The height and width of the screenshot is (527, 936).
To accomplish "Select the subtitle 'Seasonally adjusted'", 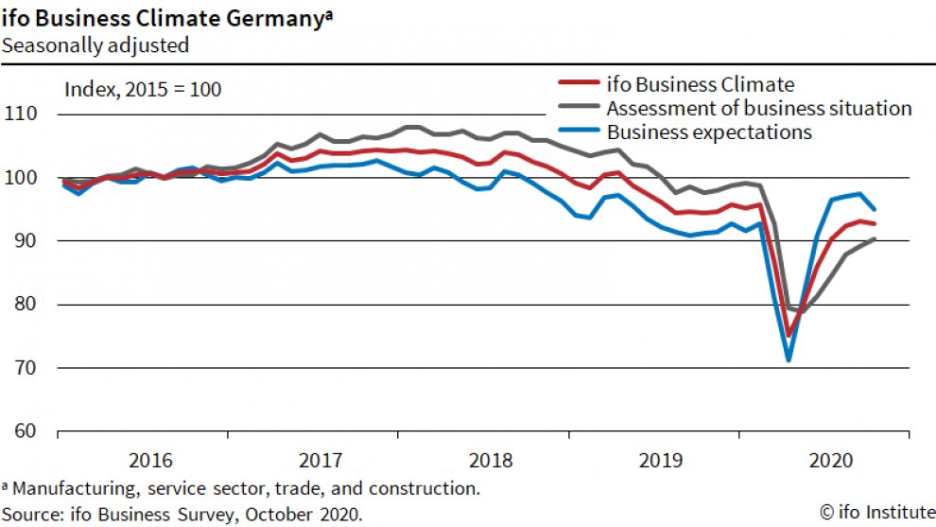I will pyautogui.click(x=95, y=44).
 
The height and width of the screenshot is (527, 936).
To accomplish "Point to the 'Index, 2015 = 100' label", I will pyautogui.click(x=143, y=90).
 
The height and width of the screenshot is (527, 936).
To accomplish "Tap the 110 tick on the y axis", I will pyautogui.click(x=22, y=114).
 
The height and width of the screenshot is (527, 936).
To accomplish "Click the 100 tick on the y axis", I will pyautogui.click(x=22, y=178).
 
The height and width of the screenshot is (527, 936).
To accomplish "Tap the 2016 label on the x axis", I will pyautogui.click(x=150, y=461).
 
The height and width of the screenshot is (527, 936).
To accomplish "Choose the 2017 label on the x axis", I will pyautogui.click(x=321, y=461).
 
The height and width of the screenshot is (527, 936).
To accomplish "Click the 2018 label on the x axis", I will pyautogui.click(x=491, y=461).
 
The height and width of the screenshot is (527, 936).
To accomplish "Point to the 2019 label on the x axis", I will pyautogui.click(x=661, y=461).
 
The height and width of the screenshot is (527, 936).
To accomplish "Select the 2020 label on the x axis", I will pyautogui.click(x=831, y=461).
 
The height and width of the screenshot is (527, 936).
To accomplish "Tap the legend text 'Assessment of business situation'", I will pyautogui.click(x=758, y=108).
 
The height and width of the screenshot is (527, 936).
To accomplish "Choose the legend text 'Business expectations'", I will pyautogui.click(x=709, y=132).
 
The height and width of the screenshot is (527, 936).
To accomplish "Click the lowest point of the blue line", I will pyautogui.click(x=788, y=360).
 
